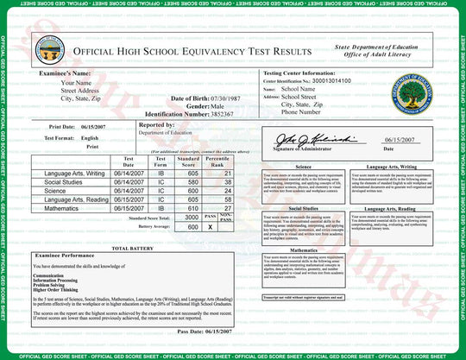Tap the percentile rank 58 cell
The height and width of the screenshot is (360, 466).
click(x=227, y=199)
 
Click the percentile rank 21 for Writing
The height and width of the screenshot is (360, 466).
click(x=227, y=174)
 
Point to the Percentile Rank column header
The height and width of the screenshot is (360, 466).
click(x=217, y=162)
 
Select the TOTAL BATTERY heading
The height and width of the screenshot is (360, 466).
click(x=132, y=248)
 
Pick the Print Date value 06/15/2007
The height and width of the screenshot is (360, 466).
click(x=82, y=126)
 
